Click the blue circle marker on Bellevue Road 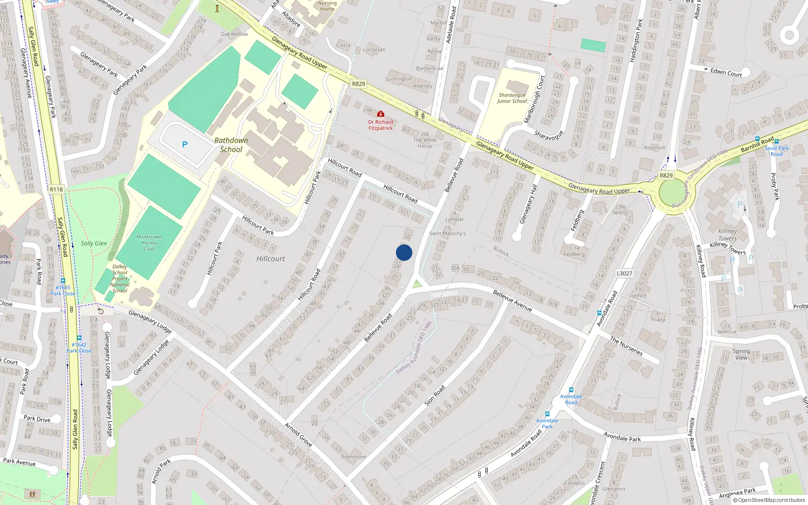pyautogui.click(x=404, y=252)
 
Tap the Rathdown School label pyautogui.click(x=231, y=145)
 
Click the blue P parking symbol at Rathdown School pyautogui.click(x=185, y=145)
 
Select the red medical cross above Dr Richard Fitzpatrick pyautogui.click(x=381, y=114)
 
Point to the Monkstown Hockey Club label pyautogui.click(x=149, y=242)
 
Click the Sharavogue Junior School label pyautogui.click(x=512, y=98)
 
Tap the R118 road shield pyautogui.click(x=57, y=190)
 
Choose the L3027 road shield pyautogui.click(x=624, y=273)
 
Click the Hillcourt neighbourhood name pyautogui.click(x=271, y=259)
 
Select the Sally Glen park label pyautogui.click(x=94, y=243)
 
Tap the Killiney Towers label pyautogui.click(x=727, y=235)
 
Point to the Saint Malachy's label pyautogui.click(x=447, y=233)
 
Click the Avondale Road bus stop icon pyautogui.click(x=571, y=390)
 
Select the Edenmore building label pyautogui.click(x=353, y=457)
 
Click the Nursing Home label pyautogui.click(x=327, y=6)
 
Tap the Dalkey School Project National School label pyautogui.click(x=120, y=279)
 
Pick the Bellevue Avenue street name pyautogui.click(x=512, y=300)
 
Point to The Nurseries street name pyautogui.click(x=626, y=346)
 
